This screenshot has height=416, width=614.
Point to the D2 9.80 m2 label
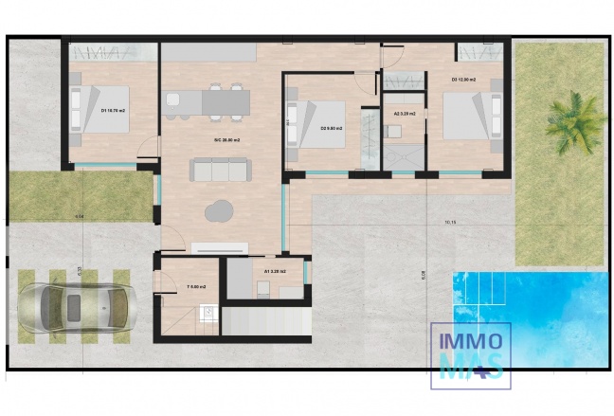click(332, 128)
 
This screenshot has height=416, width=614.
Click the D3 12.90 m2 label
click(463, 80)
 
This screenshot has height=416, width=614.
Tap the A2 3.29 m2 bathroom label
click(404, 114)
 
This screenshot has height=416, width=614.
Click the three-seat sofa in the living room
click(220, 170)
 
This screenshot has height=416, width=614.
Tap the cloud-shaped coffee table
click(221, 209)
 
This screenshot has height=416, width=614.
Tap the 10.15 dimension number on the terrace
click(450, 224)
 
